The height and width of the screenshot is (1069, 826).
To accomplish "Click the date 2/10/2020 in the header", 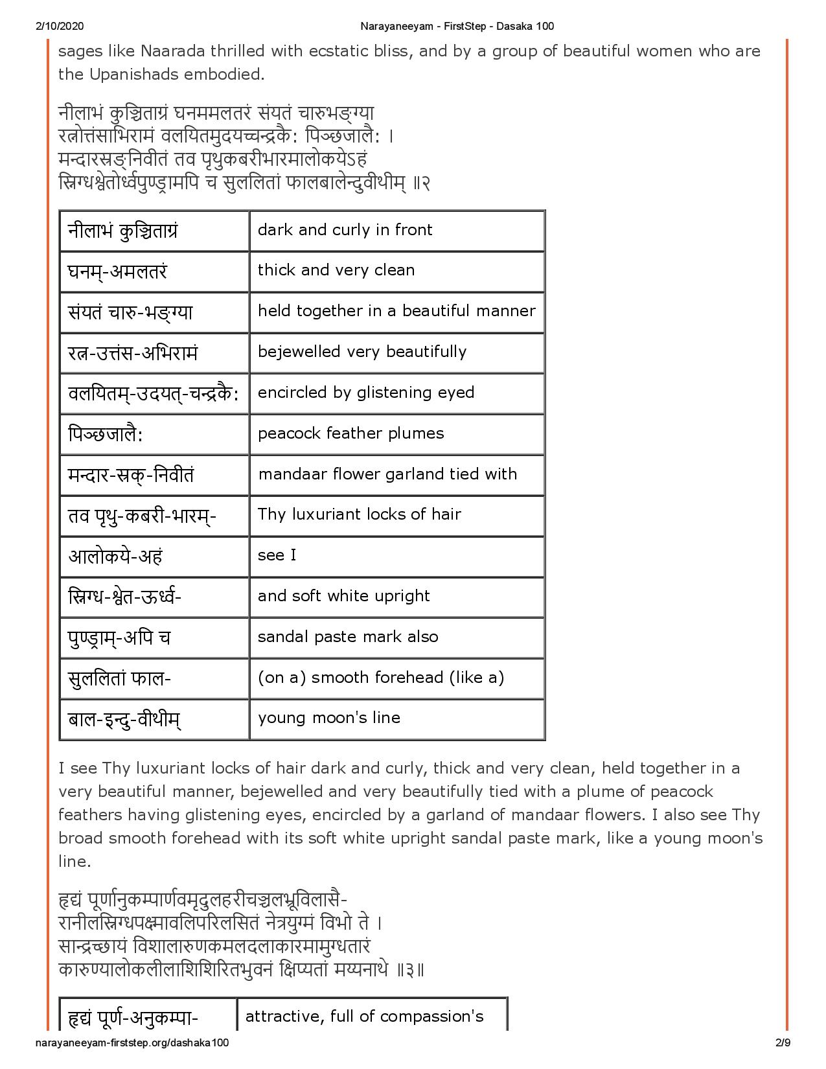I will (x=56, y=26).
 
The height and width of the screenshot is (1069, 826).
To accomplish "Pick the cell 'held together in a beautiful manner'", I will (x=396, y=311).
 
